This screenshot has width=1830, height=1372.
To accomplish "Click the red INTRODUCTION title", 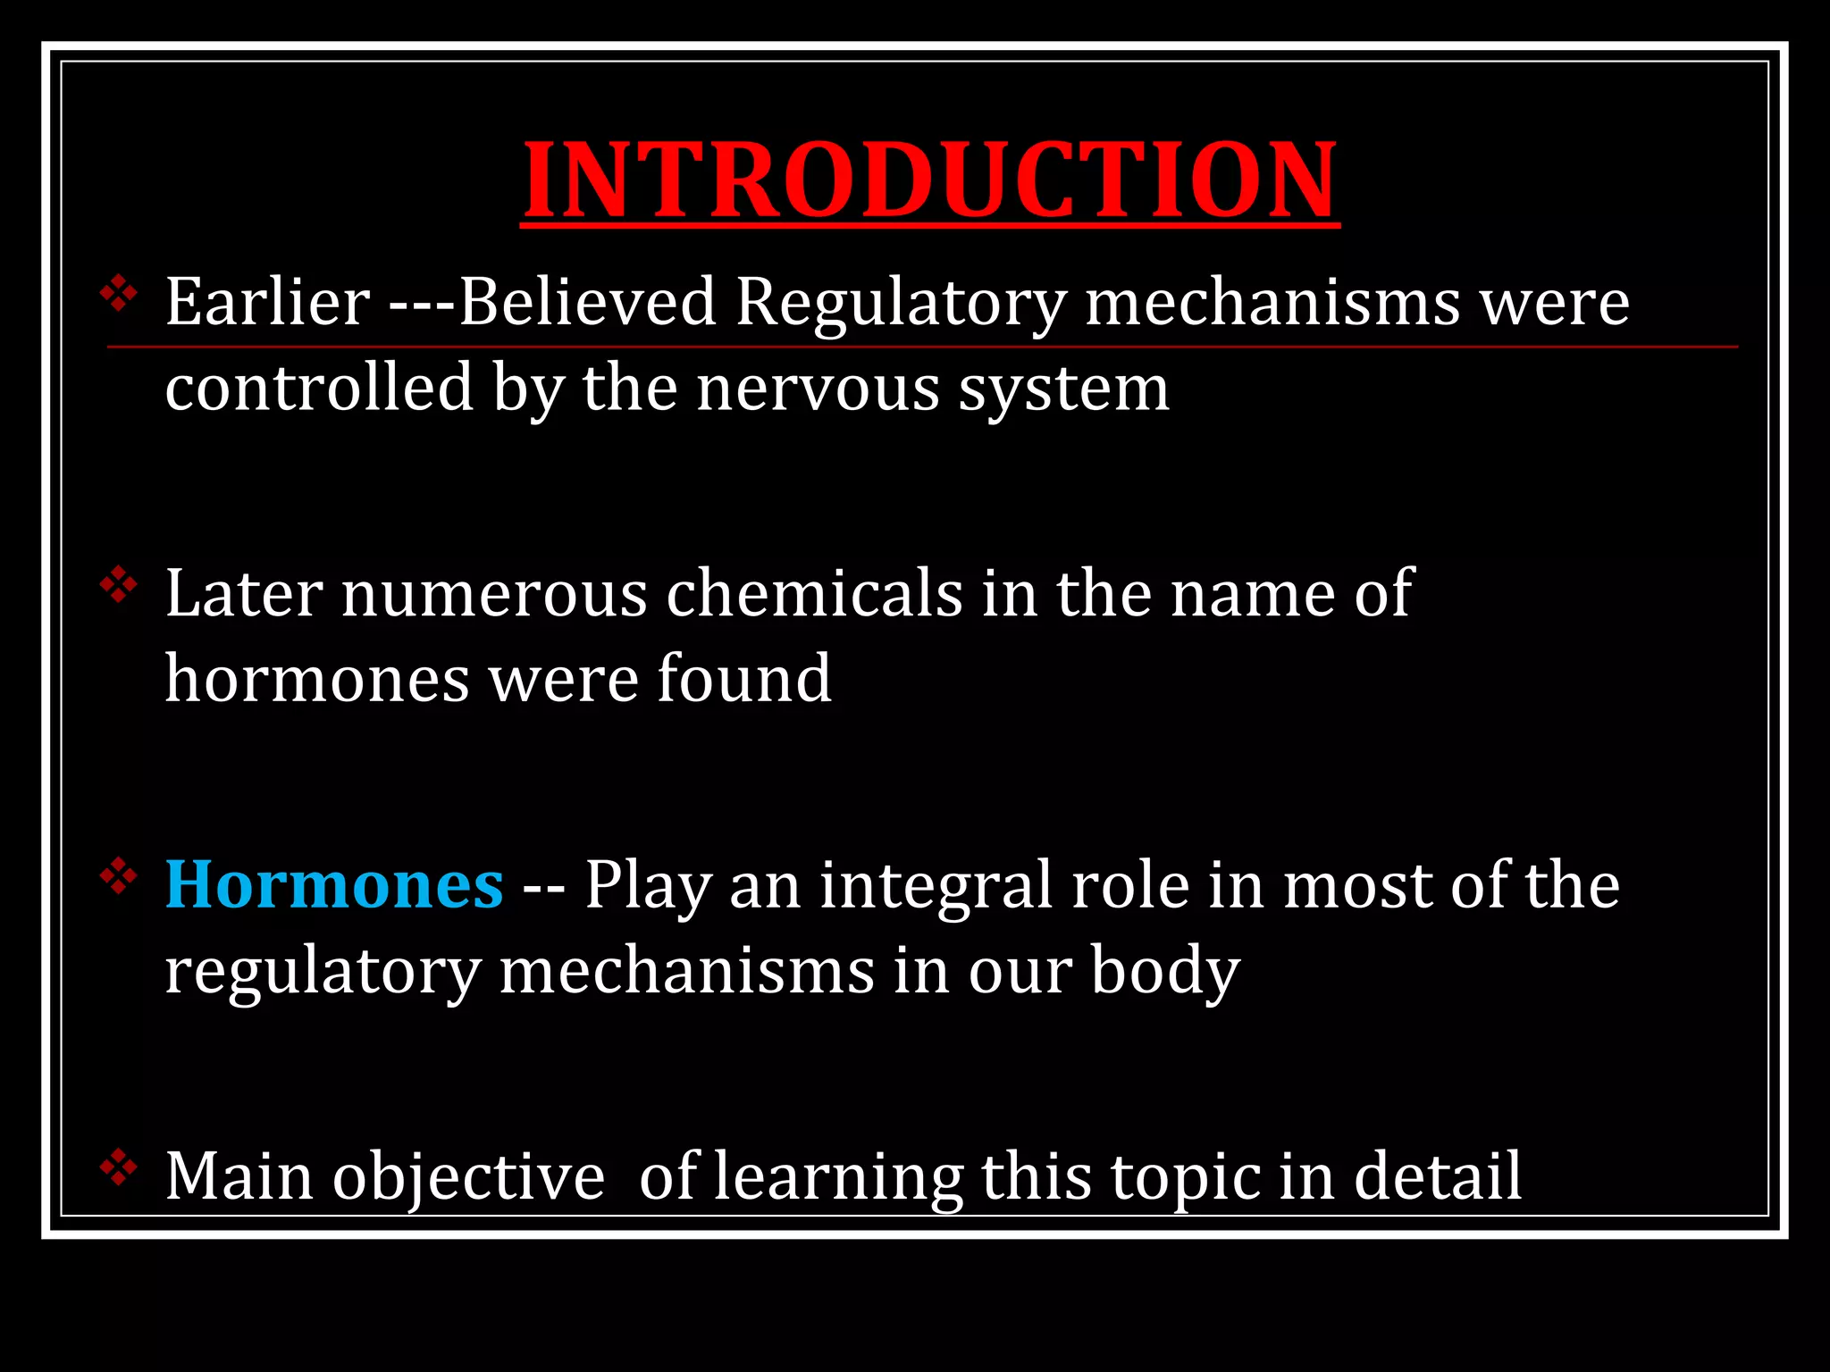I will (929, 180).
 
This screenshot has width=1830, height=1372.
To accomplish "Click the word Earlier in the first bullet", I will (267, 302).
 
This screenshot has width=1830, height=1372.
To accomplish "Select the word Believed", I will (587, 302).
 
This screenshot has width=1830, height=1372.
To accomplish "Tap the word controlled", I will (319, 388).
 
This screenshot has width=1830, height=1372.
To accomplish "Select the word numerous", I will (494, 595).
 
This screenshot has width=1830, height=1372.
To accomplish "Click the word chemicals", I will (814, 593).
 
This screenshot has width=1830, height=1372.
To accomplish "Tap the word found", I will (744, 679).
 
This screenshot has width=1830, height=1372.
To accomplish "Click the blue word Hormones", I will (334, 884).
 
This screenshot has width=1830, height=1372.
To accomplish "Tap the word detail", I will (1438, 1175).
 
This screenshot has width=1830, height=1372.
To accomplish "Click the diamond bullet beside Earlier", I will (119, 294).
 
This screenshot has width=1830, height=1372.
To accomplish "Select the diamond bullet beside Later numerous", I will (119, 586).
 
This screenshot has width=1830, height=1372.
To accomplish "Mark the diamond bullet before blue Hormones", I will (119, 877).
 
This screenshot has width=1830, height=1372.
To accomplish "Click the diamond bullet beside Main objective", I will (119, 1168).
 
